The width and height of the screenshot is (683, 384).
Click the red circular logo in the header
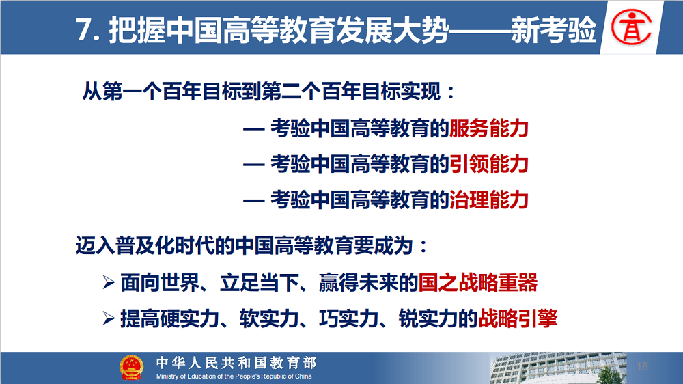[631, 27]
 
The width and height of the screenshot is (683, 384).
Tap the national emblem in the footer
[131, 368]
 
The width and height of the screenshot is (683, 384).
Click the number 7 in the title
[83, 30]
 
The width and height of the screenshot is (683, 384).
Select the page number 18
[643, 366]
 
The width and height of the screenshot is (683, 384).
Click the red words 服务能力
[489, 128]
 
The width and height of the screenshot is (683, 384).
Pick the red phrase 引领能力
[489, 164]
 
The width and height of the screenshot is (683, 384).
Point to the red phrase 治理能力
[489, 200]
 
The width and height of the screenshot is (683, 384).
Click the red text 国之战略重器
[478, 282]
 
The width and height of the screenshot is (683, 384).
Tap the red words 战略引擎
[518, 318]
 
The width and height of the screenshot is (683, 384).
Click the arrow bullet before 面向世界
[109, 282]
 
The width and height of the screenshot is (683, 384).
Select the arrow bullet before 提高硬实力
[109, 318]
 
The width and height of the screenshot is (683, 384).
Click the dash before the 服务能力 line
[253, 129]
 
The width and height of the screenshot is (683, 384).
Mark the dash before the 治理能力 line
[253, 200]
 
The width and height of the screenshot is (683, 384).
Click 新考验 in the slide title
[554, 30]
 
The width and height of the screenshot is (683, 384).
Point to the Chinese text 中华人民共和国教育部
[236, 363]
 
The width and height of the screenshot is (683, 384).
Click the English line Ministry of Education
[234, 376]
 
